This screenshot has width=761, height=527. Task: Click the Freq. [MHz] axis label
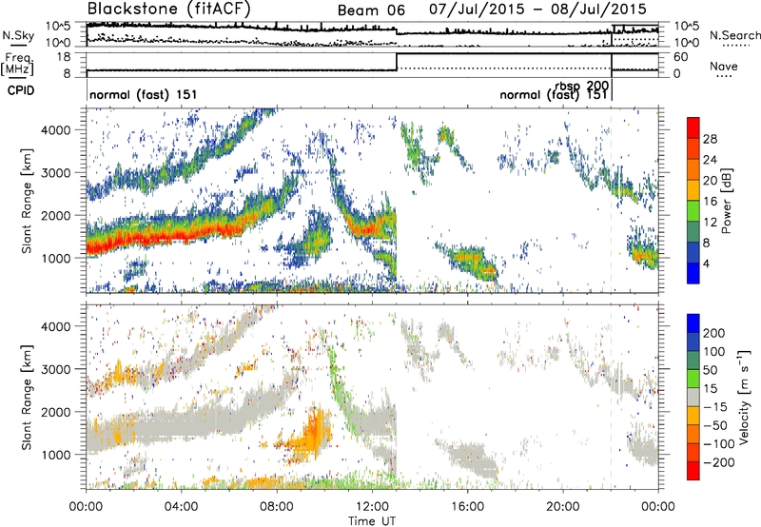[16, 65]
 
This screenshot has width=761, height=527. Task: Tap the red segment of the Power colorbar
[693, 133]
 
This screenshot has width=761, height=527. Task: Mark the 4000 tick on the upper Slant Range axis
[68, 128]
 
